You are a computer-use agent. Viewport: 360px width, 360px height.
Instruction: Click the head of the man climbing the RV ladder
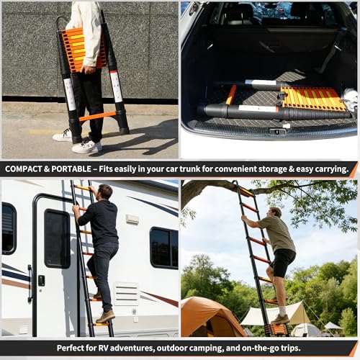[x=105, y=192]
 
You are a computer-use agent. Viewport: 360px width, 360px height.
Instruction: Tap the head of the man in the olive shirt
[x=276, y=212]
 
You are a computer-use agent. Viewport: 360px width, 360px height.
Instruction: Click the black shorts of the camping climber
[x=283, y=262]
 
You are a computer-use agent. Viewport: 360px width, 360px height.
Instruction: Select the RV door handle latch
[x=42, y=280]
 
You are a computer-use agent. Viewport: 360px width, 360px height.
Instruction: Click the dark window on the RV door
[x=57, y=238]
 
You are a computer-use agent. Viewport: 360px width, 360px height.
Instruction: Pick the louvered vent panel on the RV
[x=126, y=294]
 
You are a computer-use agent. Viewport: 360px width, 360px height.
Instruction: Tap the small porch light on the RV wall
[x=132, y=219]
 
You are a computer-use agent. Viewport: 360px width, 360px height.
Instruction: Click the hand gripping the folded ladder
[x=88, y=70]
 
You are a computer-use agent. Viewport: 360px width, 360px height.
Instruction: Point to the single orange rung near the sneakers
[x=97, y=116]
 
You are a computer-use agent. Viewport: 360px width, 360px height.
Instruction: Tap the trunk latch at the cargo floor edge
[x=276, y=132]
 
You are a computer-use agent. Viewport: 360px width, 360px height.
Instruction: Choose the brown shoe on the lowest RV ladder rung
[x=105, y=317]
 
